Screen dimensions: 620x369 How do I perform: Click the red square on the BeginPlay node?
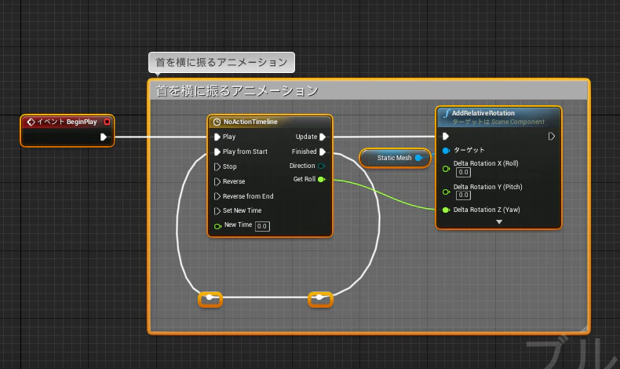point(107,122)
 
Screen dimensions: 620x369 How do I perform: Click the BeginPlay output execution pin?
point(103,137)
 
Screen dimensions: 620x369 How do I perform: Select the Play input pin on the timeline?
point(217,137)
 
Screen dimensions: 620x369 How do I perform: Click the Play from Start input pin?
point(217,152)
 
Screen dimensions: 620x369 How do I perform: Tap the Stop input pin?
point(217,166)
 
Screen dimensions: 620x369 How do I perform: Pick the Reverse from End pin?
point(217,196)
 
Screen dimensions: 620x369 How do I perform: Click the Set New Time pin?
point(217,210)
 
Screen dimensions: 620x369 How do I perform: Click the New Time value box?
point(262,226)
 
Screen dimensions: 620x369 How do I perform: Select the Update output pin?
point(323,137)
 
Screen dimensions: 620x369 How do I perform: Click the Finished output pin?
point(323,152)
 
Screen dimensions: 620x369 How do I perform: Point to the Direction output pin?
point(322,166)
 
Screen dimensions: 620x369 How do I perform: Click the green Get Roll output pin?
point(322,180)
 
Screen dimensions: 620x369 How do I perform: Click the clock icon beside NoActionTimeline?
point(217,122)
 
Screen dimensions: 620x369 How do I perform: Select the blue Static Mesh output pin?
point(418,158)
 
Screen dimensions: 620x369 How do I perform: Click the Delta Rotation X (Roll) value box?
point(463,173)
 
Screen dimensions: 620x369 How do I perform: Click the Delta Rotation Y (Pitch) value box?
point(463,195)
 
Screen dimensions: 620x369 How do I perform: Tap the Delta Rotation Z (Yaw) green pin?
point(446,210)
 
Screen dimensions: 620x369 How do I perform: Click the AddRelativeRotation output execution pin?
point(551,137)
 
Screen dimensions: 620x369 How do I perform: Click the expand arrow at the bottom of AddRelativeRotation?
point(499,222)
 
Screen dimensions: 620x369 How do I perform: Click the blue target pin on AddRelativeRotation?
point(446,151)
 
